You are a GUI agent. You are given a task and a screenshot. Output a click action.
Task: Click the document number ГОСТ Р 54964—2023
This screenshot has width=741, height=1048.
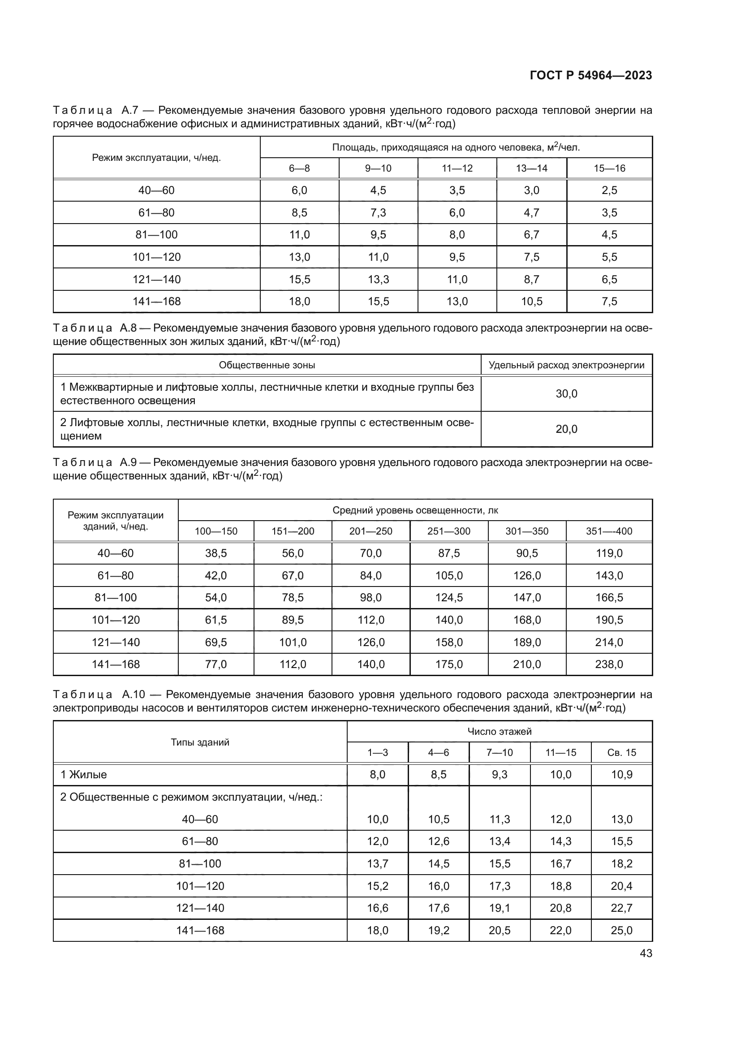pos(591,75)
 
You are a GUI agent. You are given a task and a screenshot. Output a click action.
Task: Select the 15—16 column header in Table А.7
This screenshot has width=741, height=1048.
pos(609,168)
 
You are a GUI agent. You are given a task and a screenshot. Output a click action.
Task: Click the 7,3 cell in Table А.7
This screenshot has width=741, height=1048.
pos(378,213)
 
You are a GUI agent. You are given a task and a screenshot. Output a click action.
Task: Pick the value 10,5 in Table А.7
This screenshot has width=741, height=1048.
pos(532,302)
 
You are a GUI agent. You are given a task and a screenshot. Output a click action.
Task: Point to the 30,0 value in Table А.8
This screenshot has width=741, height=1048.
pos(566,394)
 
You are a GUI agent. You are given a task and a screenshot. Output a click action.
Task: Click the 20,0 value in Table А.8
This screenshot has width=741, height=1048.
pos(566,429)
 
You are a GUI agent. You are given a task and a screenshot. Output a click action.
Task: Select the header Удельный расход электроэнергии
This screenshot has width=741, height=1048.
pos(566,365)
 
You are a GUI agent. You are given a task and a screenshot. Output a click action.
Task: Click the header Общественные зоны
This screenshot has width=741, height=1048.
pos(267,365)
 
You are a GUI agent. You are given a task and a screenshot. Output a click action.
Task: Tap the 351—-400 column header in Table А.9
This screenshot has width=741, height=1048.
pos(609,531)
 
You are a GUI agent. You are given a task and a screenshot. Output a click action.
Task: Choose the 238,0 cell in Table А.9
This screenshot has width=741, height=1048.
pos(609,664)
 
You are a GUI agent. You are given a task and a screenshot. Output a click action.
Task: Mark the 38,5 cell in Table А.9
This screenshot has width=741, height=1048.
pos(216,554)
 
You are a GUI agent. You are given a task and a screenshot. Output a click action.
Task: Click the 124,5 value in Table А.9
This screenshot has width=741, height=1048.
pos(449,598)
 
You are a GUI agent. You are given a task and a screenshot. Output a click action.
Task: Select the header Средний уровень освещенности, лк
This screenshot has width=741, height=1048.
pos(415,510)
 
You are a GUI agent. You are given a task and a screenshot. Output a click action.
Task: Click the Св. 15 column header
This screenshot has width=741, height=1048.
pos(621,753)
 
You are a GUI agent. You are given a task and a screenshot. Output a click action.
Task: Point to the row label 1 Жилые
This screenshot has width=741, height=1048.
pos(83,775)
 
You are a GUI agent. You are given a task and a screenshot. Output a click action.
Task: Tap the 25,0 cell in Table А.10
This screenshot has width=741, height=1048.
pos(621,931)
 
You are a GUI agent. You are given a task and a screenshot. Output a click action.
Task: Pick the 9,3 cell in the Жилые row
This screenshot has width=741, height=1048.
pos(500,775)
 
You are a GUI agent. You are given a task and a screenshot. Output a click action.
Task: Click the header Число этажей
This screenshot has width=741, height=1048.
pos(499,732)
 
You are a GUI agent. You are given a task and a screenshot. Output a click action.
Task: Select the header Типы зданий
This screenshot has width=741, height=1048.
pos(200,742)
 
